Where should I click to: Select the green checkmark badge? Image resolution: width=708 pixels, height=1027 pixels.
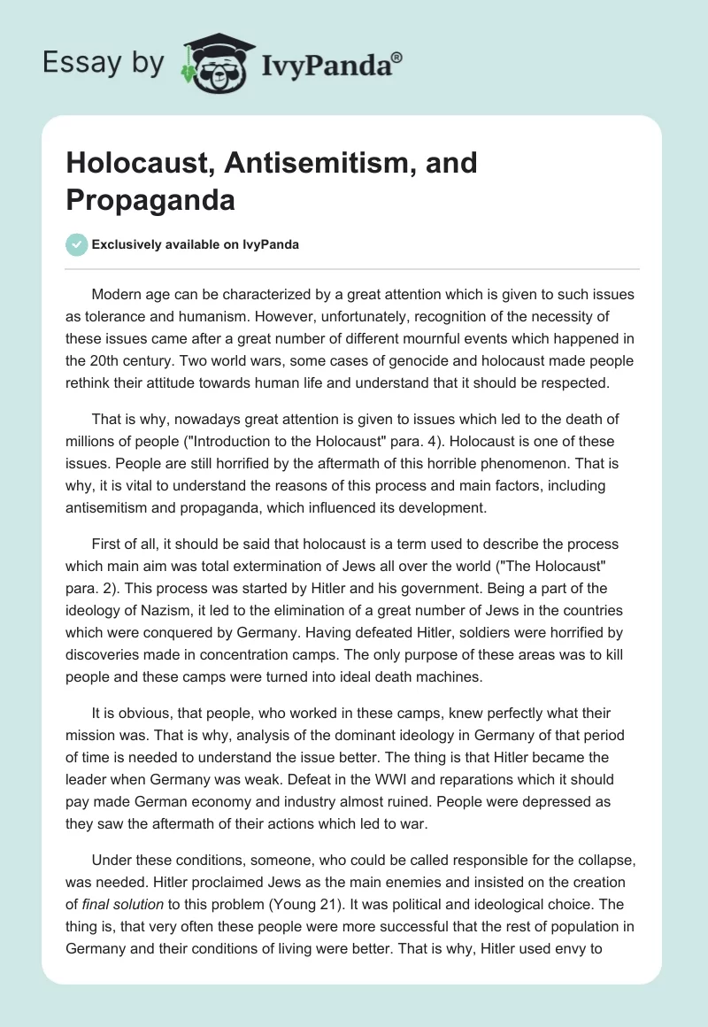(77, 244)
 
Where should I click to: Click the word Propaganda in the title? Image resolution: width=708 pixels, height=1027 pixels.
(150, 200)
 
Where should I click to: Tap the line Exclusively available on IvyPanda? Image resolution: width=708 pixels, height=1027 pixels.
(195, 244)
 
